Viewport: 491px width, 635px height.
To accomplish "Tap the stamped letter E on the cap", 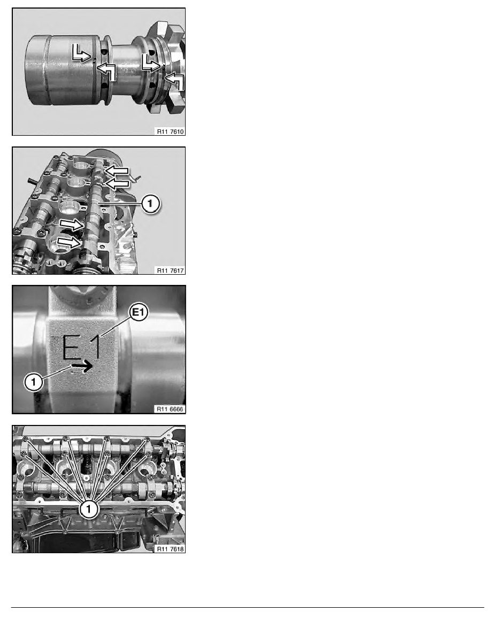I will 73,347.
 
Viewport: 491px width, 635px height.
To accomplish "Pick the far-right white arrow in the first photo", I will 175,82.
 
